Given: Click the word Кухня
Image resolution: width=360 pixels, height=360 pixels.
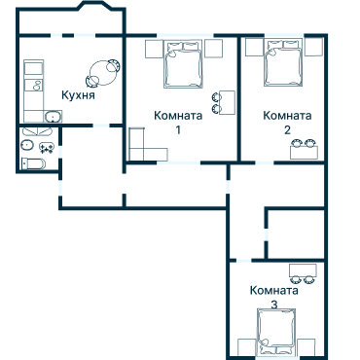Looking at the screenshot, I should pyautogui.click(x=77, y=96).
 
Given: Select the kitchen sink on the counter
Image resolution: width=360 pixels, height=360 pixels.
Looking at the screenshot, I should pyautogui.click(x=49, y=119).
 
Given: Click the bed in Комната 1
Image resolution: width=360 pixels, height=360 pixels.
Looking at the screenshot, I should pyautogui.click(x=183, y=65).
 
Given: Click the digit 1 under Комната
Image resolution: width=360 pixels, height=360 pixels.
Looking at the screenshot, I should pyautogui.click(x=178, y=129).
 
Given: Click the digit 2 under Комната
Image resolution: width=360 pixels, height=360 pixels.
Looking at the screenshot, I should pyautogui.click(x=287, y=129).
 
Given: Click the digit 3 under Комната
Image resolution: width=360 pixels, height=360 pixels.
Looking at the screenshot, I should pyautogui.click(x=273, y=305).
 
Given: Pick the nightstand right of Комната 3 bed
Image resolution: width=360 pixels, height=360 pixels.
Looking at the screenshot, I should pyautogui.click(x=306, y=345).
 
